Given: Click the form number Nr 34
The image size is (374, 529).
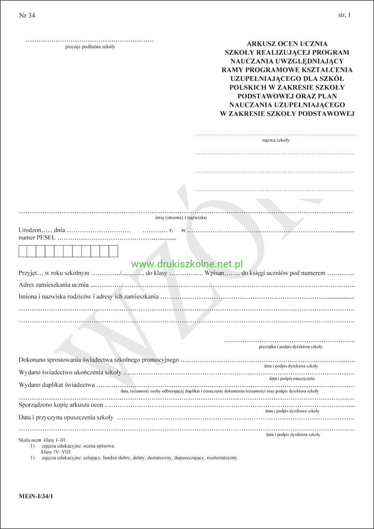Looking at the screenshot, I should click(x=27, y=15).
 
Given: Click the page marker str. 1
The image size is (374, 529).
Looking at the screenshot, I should click(x=345, y=15).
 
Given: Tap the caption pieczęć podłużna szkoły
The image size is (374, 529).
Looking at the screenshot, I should click(x=90, y=47).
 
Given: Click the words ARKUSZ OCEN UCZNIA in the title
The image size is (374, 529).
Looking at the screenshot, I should click(x=287, y=43).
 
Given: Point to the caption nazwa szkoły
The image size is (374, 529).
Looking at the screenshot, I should click(x=276, y=140).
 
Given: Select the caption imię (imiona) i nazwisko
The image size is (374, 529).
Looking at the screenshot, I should click(x=184, y=218).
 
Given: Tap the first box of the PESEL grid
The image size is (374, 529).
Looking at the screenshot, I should click(x=23, y=251).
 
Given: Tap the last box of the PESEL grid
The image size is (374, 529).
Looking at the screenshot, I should click(x=113, y=251).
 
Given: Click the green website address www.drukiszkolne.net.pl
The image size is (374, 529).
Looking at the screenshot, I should click(x=187, y=264).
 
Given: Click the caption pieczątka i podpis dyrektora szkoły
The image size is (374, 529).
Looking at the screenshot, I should click(x=291, y=347).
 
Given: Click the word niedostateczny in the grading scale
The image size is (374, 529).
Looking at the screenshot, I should click(x=220, y=457).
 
